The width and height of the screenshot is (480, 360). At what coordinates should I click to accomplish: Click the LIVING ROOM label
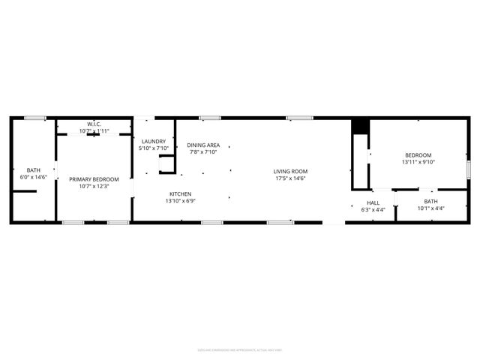pyautogui.click(x=290, y=172)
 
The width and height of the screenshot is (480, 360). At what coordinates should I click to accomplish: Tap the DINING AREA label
pyautogui.click(x=203, y=145)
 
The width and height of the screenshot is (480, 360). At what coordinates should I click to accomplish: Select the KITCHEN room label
pyautogui.click(x=181, y=194)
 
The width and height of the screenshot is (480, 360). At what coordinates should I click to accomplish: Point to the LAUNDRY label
pyautogui.click(x=154, y=141)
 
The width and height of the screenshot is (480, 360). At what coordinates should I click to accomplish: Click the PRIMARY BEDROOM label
pyautogui.click(x=94, y=179)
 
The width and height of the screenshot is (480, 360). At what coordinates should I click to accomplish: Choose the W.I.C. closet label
pyautogui.click(x=94, y=124)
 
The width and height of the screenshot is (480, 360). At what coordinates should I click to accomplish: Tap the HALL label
pyautogui.click(x=373, y=202)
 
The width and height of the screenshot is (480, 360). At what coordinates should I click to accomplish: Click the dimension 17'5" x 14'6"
pyautogui.click(x=290, y=178)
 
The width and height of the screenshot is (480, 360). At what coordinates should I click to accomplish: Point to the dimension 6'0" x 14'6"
pyautogui.click(x=34, y=177)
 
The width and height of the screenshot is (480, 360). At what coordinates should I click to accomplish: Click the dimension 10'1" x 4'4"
pyautogui.click(x=430, y=208)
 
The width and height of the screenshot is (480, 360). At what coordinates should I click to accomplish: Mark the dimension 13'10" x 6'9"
pyautogui.click(x=181, y=201)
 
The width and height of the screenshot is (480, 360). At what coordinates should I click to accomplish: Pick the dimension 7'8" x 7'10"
pyautogui.click(x=203, y=151)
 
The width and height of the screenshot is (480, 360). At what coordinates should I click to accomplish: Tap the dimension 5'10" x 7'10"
pyautogui.click(x=154, y=148)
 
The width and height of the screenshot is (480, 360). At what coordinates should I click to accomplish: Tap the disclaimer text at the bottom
pyautogui.click(x=239, y=349)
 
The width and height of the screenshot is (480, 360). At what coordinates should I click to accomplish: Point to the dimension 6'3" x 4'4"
pyautogui.click(x=373, y=209)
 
